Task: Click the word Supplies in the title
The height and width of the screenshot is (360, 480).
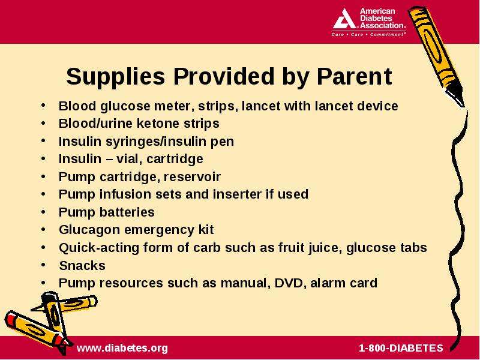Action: coord(115,77)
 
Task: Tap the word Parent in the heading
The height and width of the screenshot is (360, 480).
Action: coord(354,76)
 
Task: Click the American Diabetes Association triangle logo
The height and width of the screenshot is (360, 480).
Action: coord(344,19)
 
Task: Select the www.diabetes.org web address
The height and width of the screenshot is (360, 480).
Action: coord(122,348)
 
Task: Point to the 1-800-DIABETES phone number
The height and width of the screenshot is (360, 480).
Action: coord(401,348)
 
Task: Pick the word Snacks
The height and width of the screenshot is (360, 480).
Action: coord(82,265)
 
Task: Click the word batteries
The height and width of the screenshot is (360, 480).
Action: coord(127,212)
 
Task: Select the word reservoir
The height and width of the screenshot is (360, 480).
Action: coord(192,176)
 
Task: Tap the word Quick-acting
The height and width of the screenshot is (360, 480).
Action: coord(99,248)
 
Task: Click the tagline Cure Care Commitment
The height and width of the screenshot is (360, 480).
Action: coord(368,34)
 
